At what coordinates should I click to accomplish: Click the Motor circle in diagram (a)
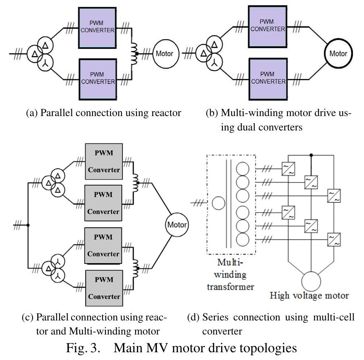164,54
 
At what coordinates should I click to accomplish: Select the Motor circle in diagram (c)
177,225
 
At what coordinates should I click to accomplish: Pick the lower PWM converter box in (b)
267,79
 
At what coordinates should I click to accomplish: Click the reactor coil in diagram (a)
134,54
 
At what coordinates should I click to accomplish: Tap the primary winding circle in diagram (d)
218,203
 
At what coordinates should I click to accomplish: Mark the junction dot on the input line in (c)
28,225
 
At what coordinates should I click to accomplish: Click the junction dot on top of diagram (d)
311,155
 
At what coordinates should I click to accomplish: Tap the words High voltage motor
309,296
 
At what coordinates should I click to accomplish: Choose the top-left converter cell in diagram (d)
288,169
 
